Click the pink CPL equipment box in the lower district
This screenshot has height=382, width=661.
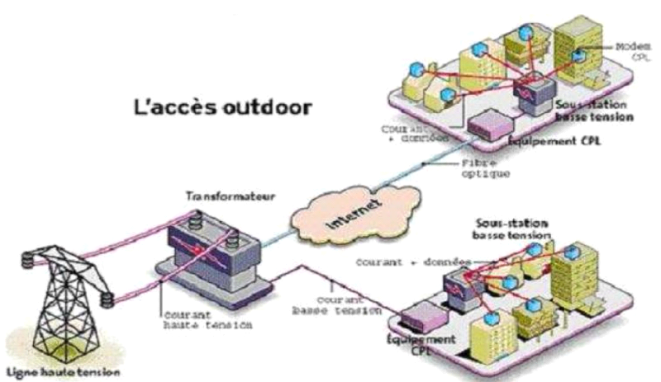[x=422, y=314]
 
